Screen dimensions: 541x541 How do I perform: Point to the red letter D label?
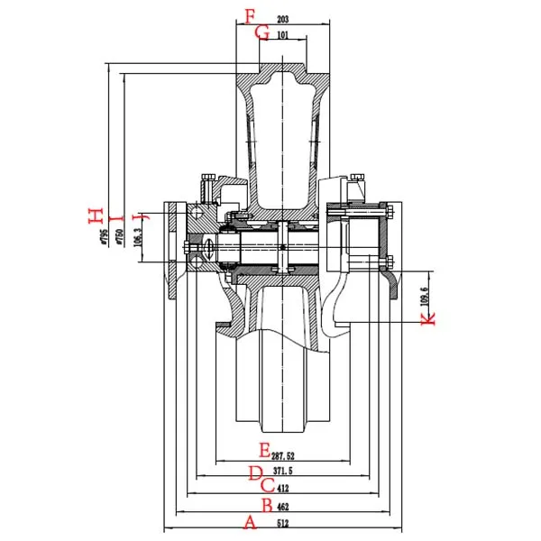(255, 472)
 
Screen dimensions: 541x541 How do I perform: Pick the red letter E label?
(264, 449)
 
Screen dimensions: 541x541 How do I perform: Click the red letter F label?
(251, 16)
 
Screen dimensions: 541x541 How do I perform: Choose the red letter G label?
(262, 33)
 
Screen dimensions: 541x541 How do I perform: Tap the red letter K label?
(428, 317)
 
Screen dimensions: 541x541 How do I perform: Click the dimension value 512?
(283, 523)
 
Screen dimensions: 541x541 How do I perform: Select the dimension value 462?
(283, 506)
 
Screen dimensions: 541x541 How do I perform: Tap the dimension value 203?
(282, 18)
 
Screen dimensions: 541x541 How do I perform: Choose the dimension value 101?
(282, 36)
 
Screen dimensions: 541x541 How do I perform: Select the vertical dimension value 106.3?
(137, 235)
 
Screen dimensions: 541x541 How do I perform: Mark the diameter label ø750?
(118, 236)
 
